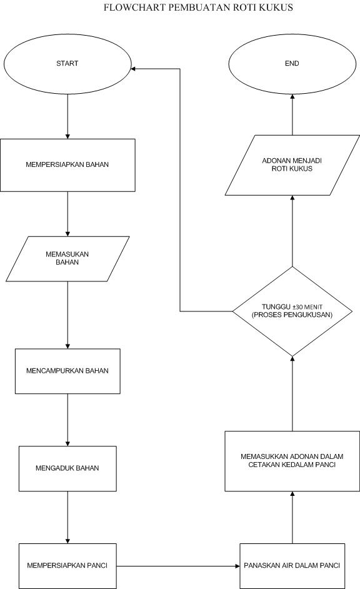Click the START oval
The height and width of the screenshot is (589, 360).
tap(67, 64)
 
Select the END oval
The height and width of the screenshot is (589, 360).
tap(291, 64)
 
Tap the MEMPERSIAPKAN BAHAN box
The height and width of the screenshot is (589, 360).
tap(67, 165)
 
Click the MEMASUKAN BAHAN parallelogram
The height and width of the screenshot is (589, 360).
tap(67, 258)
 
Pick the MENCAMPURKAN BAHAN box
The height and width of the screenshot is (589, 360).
tap(67, 371)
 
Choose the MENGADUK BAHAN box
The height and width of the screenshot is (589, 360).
tap(67, 468)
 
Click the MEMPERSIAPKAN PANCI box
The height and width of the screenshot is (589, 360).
tap(67, 566)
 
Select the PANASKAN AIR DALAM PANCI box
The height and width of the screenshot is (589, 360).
tap(291, 566)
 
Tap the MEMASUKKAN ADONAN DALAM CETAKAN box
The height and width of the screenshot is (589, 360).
tap(291, 460)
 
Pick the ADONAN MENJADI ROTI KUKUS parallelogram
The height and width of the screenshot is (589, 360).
tap(291, 165)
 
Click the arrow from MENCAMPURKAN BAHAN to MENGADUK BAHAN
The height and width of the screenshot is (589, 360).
tap(67, 419)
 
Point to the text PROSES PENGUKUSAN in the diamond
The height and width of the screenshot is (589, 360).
tap(292, 315)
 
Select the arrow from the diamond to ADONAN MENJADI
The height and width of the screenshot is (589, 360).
tap(292, 231)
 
